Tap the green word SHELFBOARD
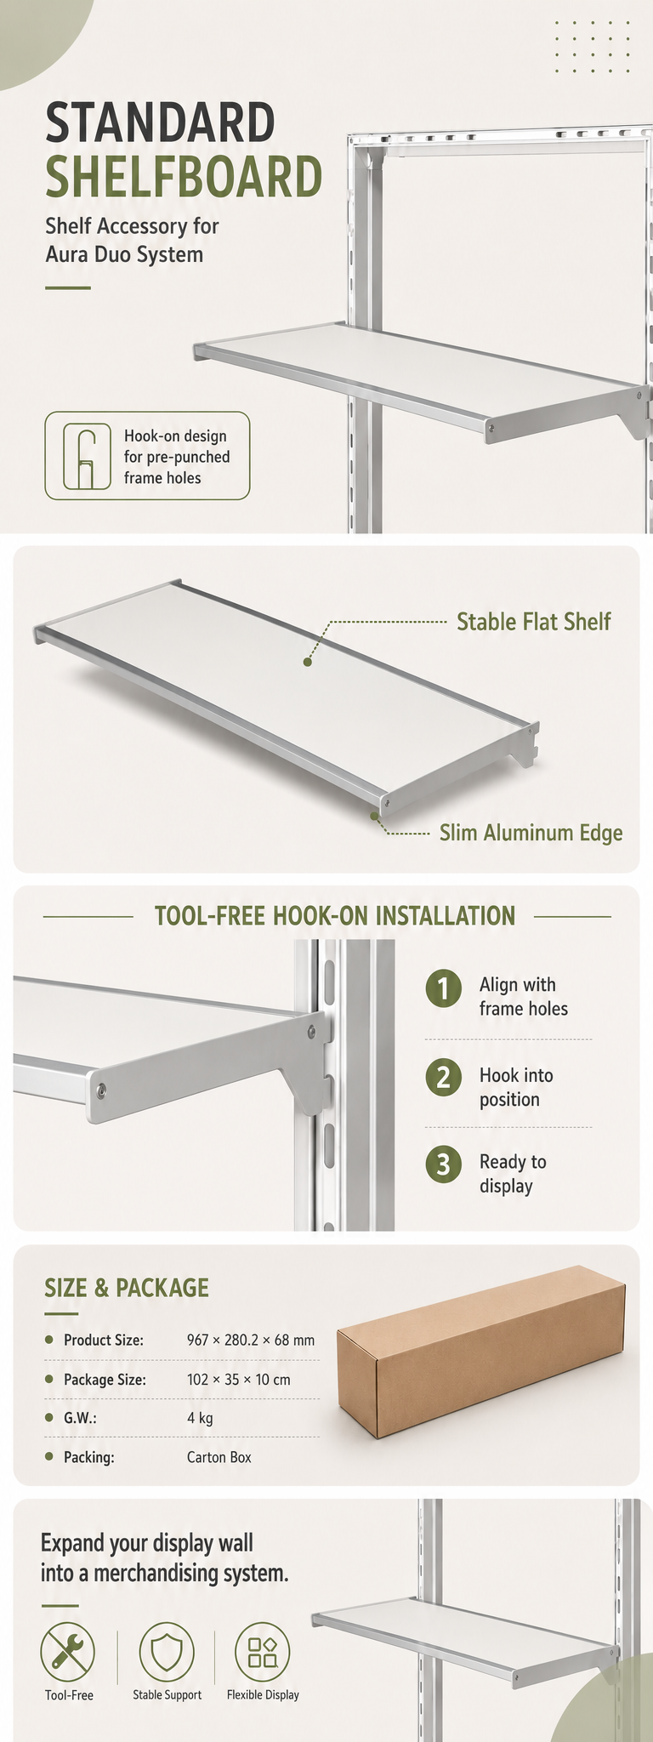(184, 176)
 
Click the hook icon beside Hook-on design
(87, 456)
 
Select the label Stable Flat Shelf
(534, 622)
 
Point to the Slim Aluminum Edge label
(531, 833)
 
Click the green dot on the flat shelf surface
(308, 661)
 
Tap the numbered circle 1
(443, 988)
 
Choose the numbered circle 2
(443, 1078)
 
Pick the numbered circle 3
(443, 1164)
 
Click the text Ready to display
(513, 1174)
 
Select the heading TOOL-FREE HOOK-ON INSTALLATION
(335, 916)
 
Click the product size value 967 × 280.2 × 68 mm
(251, 1341)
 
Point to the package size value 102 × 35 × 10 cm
(239, 1380)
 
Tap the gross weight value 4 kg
(200, 1418)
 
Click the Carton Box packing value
(219, 1457)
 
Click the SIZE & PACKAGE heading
(127, 1288)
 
